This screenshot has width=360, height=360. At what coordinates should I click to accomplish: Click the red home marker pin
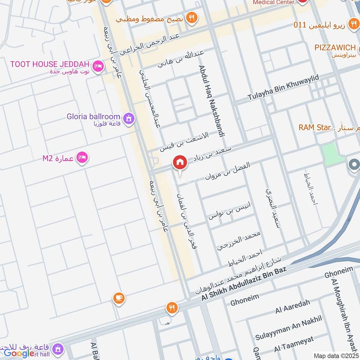180,163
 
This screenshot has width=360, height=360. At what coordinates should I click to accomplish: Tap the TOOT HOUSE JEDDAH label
49,64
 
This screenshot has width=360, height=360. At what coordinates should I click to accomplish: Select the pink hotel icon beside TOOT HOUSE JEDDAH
98,67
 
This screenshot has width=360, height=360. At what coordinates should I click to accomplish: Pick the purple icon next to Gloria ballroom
129,119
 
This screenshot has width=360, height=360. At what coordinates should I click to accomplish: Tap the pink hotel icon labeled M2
82,157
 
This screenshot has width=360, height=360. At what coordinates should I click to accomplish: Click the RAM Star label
315,128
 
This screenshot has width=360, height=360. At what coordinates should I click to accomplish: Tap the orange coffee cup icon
119,298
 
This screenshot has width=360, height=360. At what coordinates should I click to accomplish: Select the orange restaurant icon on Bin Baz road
171,308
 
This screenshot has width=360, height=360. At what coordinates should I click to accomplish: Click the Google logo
19,353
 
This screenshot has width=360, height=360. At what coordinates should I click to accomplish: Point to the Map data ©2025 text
336,356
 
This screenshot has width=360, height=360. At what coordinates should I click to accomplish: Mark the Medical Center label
273,2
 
